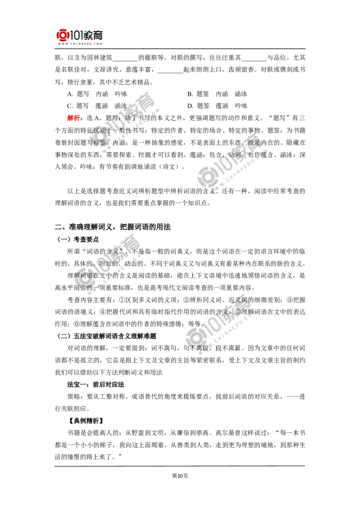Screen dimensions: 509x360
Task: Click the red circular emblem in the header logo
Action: click(63, 36)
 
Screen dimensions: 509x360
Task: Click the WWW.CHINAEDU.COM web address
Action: click(81, 44)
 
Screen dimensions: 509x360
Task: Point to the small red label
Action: click(74, 118)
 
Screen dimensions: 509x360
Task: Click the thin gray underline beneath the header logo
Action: click(81, 49)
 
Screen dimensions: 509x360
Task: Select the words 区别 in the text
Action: click(99, 130)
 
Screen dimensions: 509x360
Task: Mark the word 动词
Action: click(235, 155)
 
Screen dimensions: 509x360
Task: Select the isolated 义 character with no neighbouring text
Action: click(212, 190)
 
